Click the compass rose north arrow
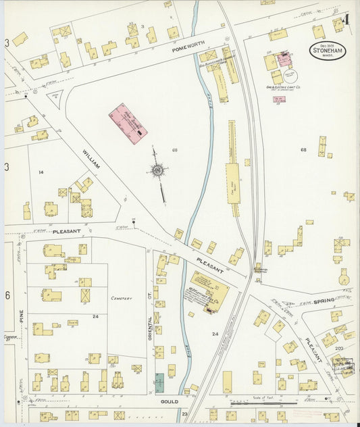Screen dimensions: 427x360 tap(158, 170)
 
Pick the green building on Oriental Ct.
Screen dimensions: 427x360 tap(159, 382)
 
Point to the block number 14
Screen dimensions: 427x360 tap(41, 173)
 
